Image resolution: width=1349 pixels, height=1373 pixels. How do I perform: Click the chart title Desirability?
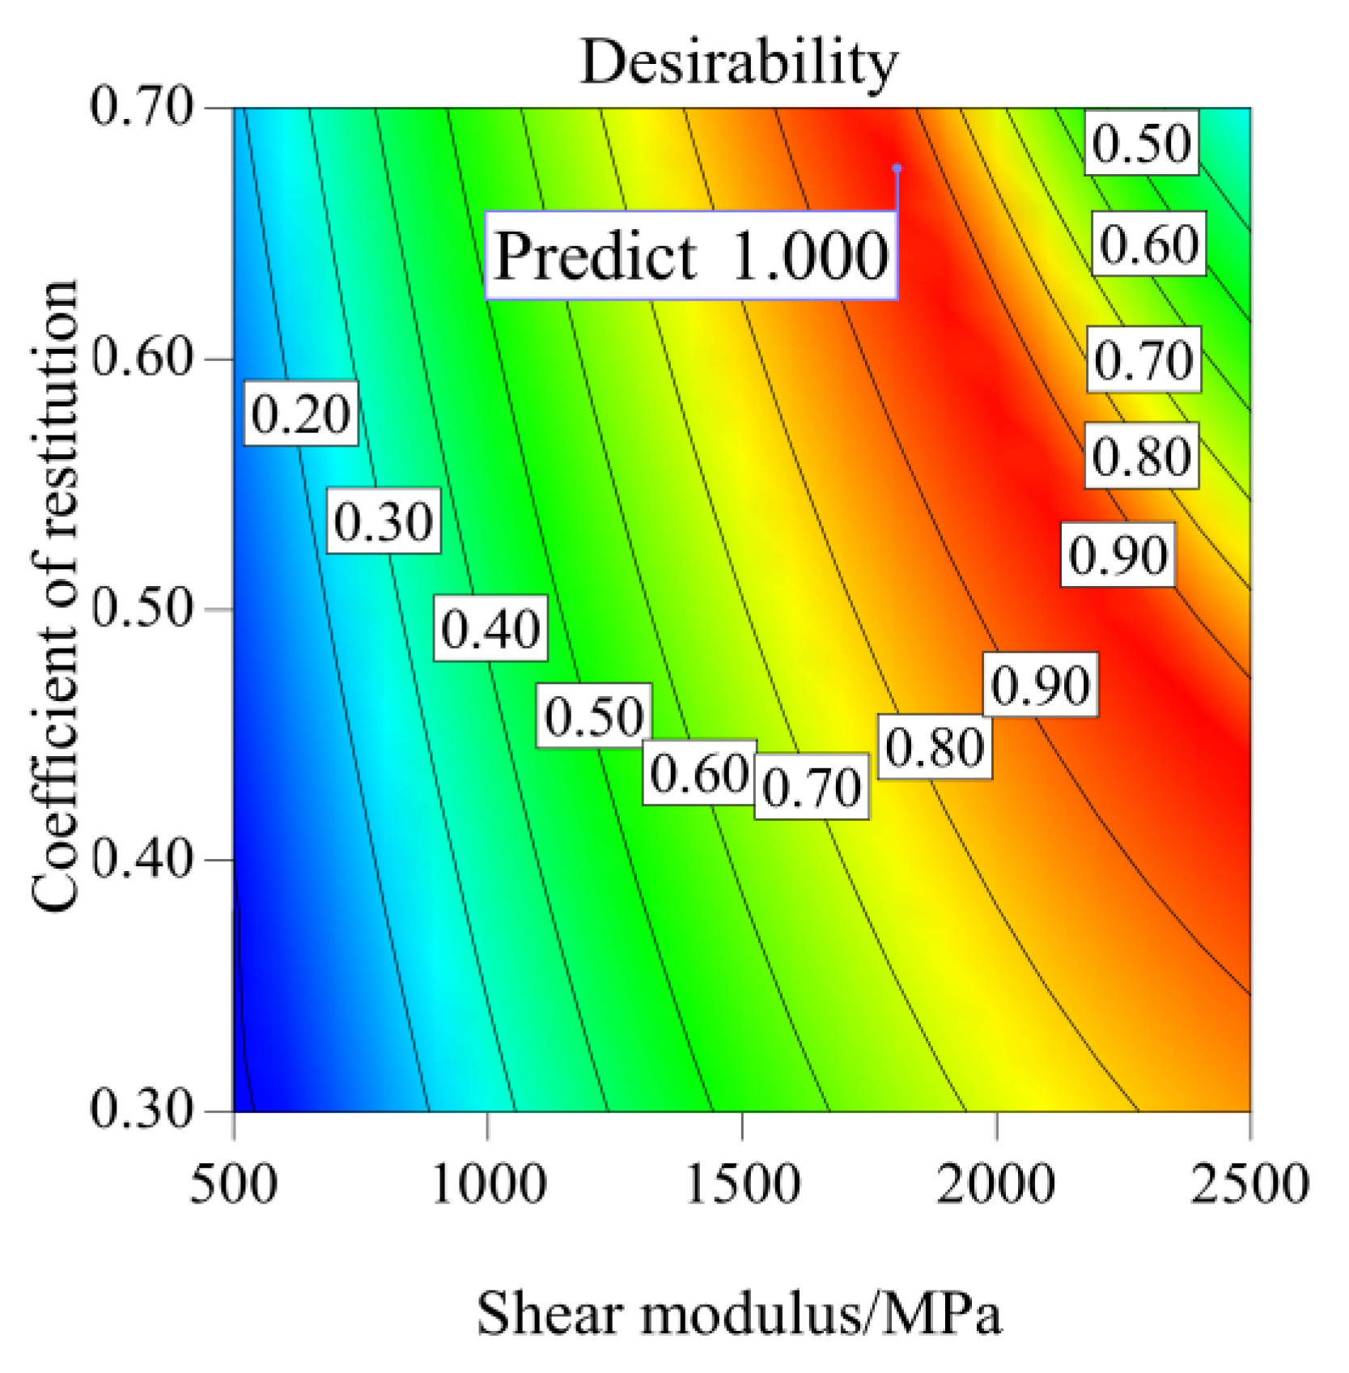739,62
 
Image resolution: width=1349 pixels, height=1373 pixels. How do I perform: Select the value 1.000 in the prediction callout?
809,256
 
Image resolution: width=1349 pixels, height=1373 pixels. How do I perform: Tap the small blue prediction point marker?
897,168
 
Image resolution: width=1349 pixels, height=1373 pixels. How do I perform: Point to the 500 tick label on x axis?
234,1184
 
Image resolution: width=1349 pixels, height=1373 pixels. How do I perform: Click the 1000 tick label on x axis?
488,1184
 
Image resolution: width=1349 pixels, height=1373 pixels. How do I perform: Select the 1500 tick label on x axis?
742,1184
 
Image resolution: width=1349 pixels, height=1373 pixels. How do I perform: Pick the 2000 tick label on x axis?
996,1184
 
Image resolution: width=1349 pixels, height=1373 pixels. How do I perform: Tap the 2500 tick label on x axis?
1249,1184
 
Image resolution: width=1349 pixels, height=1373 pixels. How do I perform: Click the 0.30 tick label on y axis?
142,1109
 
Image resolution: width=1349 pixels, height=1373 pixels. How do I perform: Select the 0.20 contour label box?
301,414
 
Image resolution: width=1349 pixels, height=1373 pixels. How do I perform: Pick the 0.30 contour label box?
384,521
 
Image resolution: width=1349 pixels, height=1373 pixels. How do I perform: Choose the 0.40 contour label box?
490,628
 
